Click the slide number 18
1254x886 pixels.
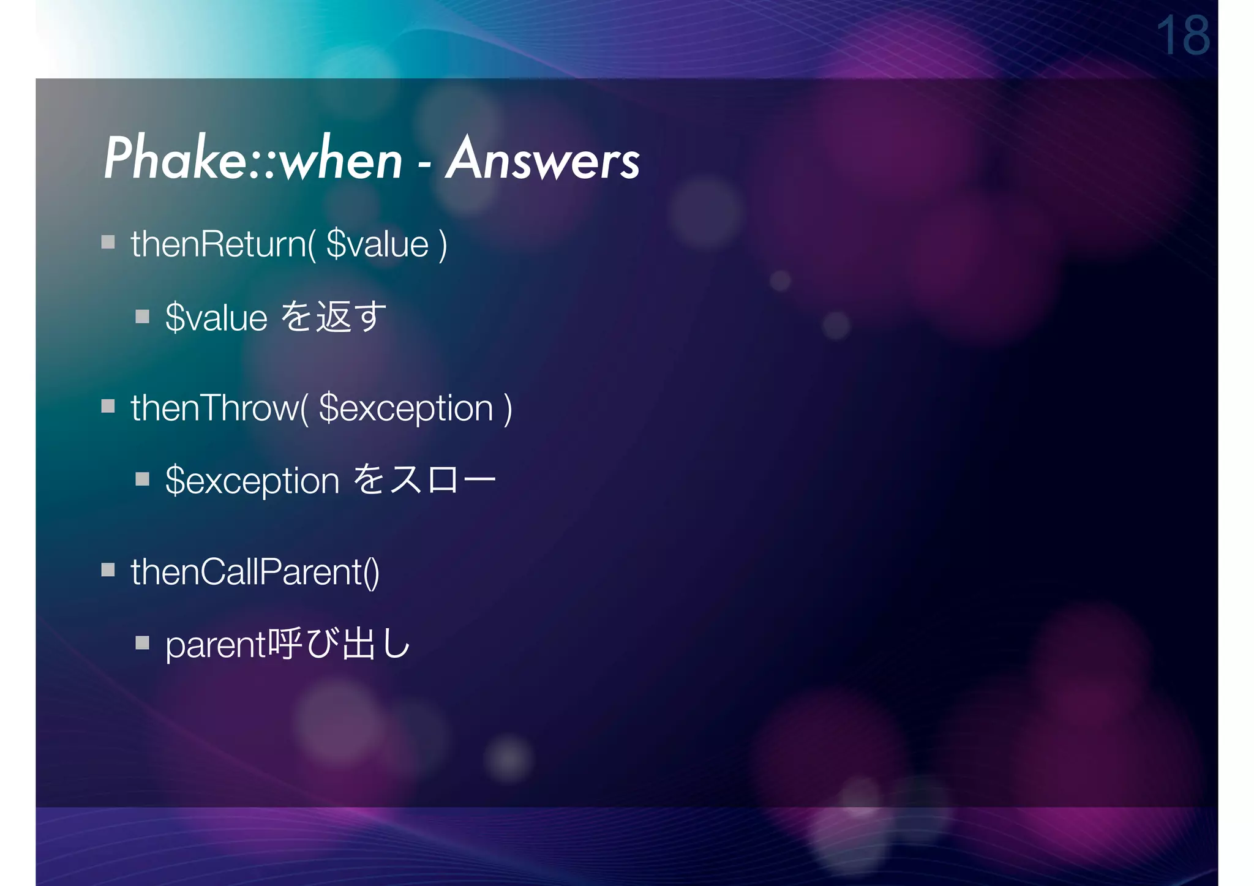point(1182,36)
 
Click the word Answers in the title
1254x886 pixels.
point(543,159)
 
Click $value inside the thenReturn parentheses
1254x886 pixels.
point(377,244)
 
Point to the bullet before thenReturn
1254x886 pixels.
point(108,242)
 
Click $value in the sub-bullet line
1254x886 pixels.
point(216,318)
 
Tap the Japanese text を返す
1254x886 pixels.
point(334,317)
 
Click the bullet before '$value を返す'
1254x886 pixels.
point(143,317)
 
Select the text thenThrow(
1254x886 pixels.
point(219,408)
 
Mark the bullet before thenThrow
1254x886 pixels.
point(108,406)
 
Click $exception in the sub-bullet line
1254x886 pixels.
point(252,481)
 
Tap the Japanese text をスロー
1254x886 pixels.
point(425,479)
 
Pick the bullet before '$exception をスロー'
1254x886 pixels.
point(143,479)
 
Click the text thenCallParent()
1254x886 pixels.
point(255,572)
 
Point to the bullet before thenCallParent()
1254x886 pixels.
point(108,570)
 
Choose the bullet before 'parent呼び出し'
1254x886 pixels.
point(143,643)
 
